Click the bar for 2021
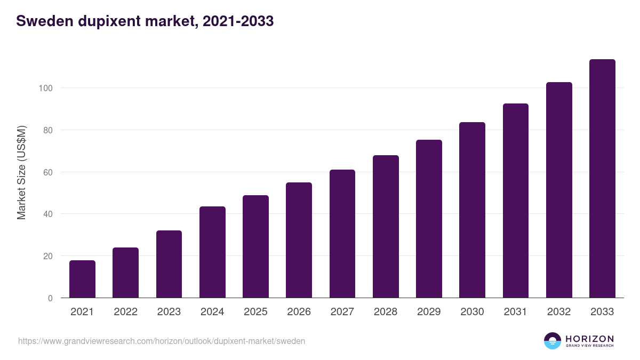tap(82, 279)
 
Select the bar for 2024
tap(212, 252)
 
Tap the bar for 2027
tap(342, 234)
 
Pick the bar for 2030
tap(472, 210)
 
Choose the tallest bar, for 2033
tap(602, 179)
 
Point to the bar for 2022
tap(125, 273)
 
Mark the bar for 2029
tap(429, 219)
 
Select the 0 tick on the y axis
tap(50, 298)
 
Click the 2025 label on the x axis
tap(255, 312)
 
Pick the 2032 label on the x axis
tap(559, 312)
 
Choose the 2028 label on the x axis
tap(386, 312)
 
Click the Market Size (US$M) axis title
tap(21, 173)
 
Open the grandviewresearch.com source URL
tap(162, 341)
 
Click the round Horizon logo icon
tap(553, 341)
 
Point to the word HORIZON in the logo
tap(589, 338)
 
